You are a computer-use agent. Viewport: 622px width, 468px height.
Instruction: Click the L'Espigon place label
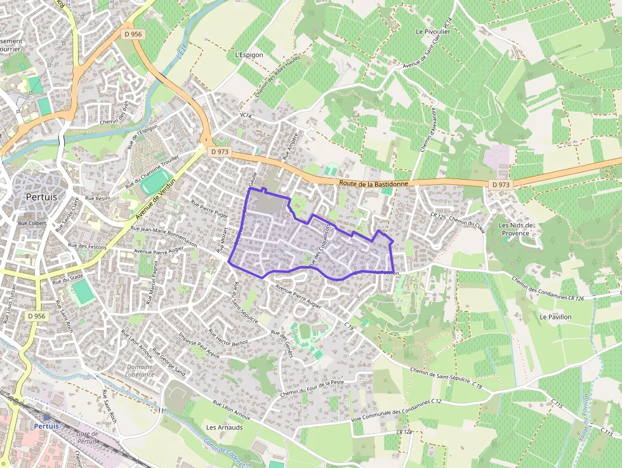tap(249, 55)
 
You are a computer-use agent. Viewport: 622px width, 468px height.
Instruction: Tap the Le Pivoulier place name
tap(433, 30)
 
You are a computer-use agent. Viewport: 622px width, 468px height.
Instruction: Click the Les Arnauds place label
tap(225, 427)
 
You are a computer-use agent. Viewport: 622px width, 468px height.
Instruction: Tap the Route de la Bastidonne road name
tap(373, 183)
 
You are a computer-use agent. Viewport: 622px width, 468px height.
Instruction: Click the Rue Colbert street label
tap(32, 223)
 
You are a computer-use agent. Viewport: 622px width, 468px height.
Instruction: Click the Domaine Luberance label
tap(140, 370)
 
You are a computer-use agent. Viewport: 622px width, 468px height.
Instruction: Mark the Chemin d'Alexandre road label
tap(428, 130)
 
